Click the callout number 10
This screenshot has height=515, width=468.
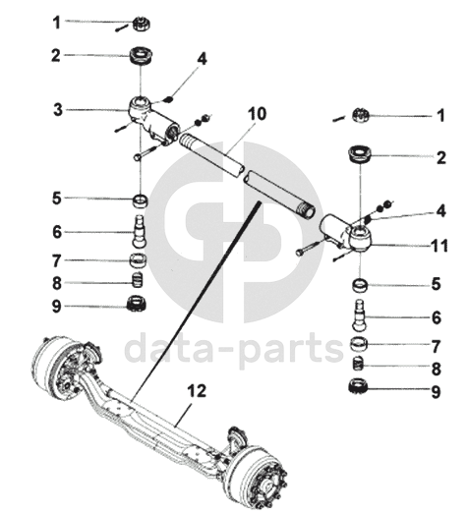tap(257, 114)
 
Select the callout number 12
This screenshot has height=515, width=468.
tap(198, 391)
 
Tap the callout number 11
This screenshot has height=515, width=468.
tap(439, 246)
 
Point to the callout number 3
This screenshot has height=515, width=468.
tap(58, 109)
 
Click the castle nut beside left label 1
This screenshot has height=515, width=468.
tap(142, 24)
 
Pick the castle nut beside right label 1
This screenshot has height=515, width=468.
tap(361, 115)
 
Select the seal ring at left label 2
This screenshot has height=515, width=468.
tap(142, 56)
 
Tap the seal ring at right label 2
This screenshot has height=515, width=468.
tap(361, 156)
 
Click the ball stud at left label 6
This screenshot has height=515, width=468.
tap(140, 232)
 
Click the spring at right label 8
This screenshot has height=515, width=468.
tap(358, 365)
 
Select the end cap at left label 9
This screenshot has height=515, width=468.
tap(137, 304)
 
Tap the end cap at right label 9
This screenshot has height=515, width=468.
tap(358, 386)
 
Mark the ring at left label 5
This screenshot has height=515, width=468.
tap(140, 200)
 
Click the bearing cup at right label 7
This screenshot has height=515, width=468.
tap(359, 344)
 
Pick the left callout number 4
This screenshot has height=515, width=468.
tap(203, 59)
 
